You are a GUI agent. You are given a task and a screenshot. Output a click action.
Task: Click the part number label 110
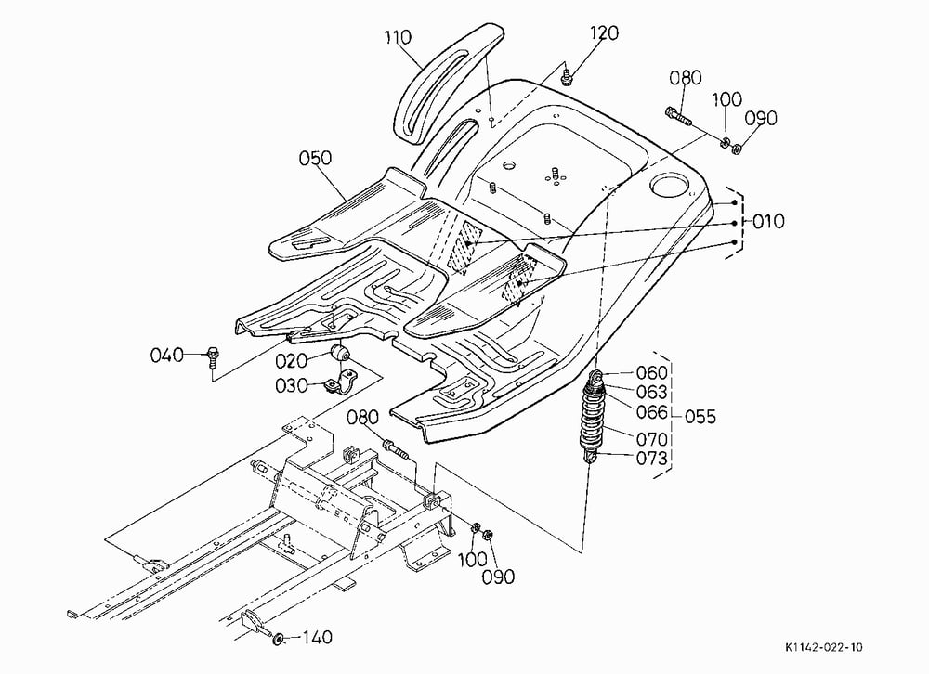click(x=398, y=37)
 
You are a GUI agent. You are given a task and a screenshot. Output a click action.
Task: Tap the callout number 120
click(x=604, y=32)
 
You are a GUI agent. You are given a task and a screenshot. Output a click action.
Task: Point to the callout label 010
click(x=769, y=222)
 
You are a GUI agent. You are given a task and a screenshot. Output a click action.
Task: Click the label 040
click(x=166, y=356)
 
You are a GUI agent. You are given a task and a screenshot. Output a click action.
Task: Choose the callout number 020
click(x=291, y=361)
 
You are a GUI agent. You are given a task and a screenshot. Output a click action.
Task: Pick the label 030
click(x=291, y=386)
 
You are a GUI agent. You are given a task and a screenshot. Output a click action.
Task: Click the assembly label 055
click(x=700, y=416)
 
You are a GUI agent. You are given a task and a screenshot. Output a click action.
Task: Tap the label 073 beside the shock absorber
click(x=652, y=459)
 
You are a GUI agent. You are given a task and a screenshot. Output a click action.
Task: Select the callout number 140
click(x=319, y=638)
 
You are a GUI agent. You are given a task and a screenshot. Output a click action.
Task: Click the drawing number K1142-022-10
click(x=824, y=647)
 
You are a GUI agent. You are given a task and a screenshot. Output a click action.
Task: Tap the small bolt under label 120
click(x=566, y=75)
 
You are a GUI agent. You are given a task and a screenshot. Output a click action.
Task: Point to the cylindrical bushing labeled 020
click(x=340, y=354)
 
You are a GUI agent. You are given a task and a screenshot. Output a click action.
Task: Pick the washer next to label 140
click(x=278, y=639)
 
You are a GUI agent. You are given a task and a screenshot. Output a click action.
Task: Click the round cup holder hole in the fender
click(x=671, y=184)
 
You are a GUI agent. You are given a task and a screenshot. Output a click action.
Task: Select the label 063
click(x=652, y=392)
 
